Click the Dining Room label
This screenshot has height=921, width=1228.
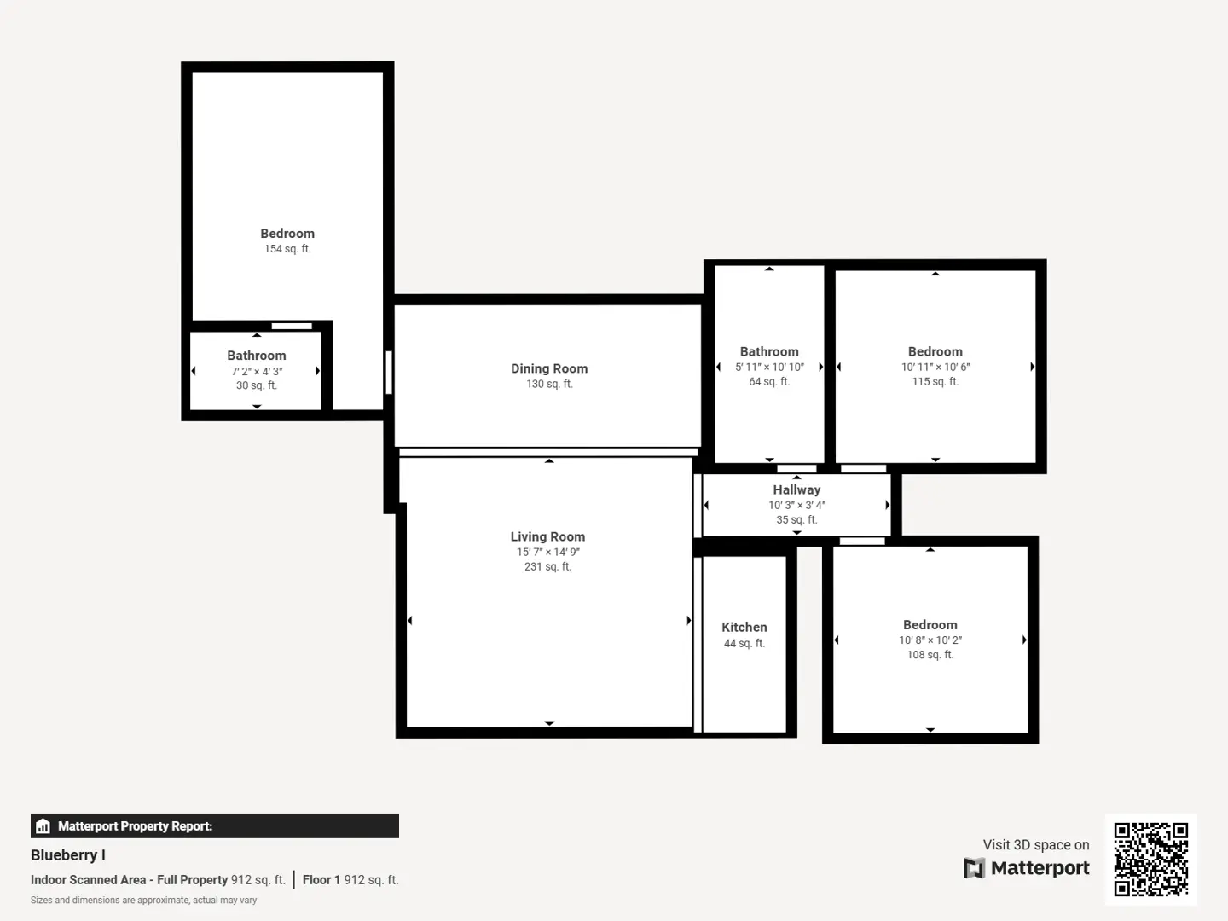coord(549,368)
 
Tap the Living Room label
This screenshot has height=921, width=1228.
coord(547,536)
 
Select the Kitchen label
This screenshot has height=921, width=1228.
coord(744,628)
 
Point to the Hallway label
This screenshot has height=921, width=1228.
coord(796,489)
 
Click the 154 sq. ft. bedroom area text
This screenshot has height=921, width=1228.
coord(287,249)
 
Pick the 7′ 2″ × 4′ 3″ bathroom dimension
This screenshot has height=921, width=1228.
coord(257,371)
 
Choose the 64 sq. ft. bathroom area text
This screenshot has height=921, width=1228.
coord(769,381)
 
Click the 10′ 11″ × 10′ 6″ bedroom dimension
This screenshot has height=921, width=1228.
coord(935,367)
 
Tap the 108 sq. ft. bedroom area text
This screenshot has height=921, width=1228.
coord(930,654)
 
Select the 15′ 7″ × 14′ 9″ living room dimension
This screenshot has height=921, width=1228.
coord(547,552)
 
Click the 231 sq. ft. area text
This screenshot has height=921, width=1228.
coord(547,566)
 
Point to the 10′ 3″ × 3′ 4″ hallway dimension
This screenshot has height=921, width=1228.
coord(796,505)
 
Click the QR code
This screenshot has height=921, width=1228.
coord(1150,859)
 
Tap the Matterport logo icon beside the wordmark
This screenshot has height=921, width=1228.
coord(974,868)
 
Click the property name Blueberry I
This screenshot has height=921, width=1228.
coord(67,855)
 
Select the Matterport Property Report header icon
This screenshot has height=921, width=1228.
coord(43,826)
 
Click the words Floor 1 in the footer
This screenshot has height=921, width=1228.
coord(321,879)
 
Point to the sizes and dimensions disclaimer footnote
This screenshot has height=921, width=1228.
coord(144,901)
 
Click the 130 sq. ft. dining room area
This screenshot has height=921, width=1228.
coord(549,384)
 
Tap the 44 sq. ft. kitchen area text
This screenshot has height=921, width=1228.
coord(744,643)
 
